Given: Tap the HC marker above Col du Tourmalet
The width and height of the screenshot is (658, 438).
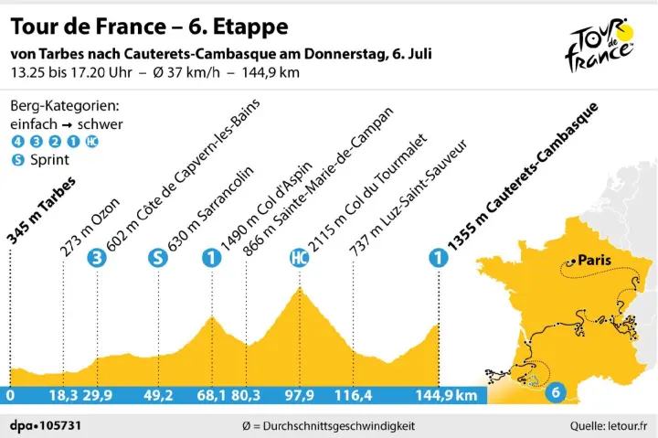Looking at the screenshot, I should point(297,258).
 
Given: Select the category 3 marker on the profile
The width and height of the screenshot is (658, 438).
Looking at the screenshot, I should point(95,258).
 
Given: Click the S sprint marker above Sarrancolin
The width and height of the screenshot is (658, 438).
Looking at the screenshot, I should point(158,258).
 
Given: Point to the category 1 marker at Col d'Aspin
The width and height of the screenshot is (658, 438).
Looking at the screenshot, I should point(212,258).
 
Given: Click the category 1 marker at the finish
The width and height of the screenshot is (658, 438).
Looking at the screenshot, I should point(440,258).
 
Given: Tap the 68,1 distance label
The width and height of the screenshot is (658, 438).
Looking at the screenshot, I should point(211,396).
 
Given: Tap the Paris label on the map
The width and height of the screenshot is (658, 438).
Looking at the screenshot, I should point(595,259).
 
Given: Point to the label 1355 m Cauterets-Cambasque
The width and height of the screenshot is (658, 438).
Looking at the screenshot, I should point(521,175).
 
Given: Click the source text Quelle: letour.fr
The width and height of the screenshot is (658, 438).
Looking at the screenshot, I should point(608,425).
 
